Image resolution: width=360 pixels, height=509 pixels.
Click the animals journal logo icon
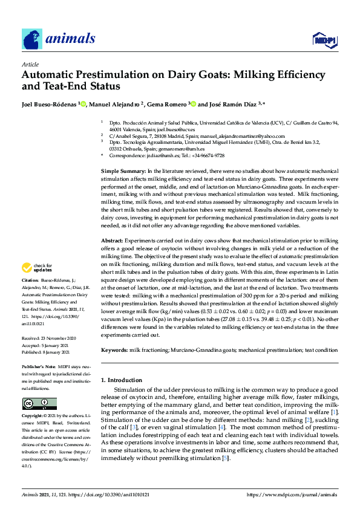pyautogui.click(x=32, y=39)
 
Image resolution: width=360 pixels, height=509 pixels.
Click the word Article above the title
pyautogui.click(x=30, y=64)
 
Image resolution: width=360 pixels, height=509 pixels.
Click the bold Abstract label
pyautogui.click(x=113, y=241)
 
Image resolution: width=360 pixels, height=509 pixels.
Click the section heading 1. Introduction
pyautogui.click(x=122, y=380)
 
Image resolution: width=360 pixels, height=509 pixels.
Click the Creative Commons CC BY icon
pyautogui.click(x=39, y=404)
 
